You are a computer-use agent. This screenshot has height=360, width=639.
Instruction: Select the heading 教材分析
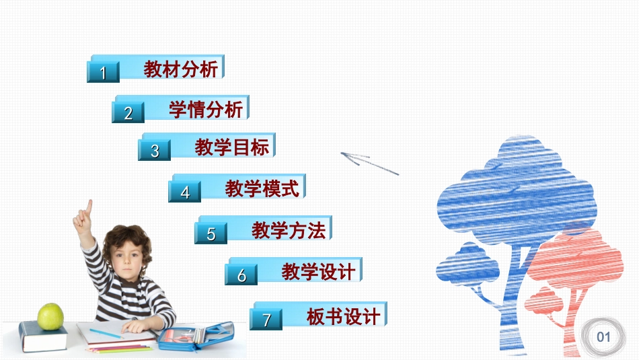point(181,69)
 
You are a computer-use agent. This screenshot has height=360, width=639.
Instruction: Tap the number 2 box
point(128,113)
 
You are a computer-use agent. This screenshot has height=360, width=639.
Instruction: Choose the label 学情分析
point(206,109)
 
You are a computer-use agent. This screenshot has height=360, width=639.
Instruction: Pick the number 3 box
point(155,151)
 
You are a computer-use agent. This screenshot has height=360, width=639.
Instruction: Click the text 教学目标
point(232,147)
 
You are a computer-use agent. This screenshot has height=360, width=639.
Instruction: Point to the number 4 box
point(185,192)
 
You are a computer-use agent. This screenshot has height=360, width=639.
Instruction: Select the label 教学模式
point(262,188)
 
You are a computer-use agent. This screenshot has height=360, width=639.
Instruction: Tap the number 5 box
point(211,234)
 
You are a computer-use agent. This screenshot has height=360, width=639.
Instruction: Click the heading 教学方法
point(289,231)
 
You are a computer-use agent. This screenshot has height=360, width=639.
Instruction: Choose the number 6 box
point(241,275)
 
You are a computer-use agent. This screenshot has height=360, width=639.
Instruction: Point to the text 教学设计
point(318,272)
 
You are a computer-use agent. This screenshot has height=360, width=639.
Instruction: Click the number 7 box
point(266,320)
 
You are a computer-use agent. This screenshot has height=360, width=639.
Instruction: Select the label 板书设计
point(343,316)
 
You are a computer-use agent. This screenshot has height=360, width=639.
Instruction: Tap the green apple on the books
point(50,316)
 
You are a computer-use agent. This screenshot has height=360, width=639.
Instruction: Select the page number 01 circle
point(603,336)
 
